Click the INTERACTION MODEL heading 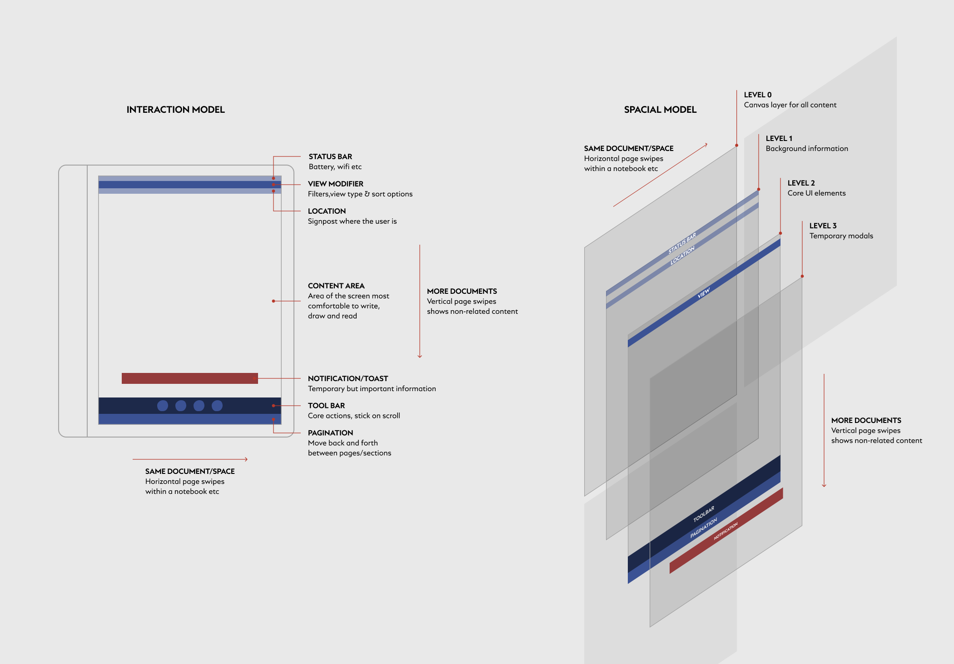(175, 110)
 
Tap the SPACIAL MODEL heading (660, 110)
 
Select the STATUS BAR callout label (330, 156)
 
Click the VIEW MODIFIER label (335, 184)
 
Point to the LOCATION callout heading (327, 211)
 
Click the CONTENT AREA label (336, 286)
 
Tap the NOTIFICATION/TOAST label (348, 378)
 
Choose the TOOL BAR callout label (326, 405)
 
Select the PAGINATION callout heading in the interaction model (330, 433)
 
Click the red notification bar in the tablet (189, 378)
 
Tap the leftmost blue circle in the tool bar (163, 406)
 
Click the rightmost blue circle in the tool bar (217, 406)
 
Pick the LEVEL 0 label (757, 95)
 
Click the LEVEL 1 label (779, 138)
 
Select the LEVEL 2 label (801, 183)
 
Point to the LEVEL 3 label (823, 226)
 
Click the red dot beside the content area (273, 301)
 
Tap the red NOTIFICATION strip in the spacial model (726, 531)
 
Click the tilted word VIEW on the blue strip (703, 293)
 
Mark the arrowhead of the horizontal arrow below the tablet (246, 459)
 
